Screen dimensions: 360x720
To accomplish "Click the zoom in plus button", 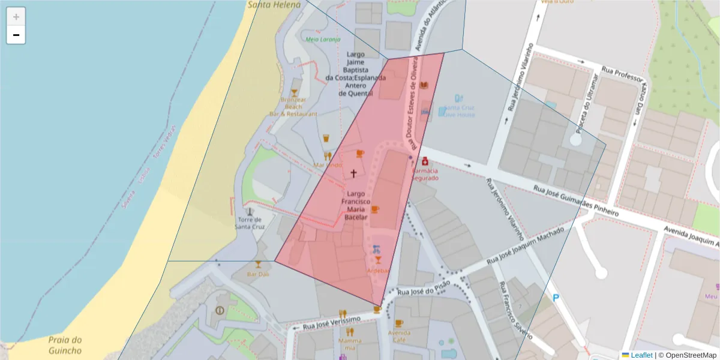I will point(16,17).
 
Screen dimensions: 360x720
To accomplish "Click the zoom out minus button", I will point(16,35).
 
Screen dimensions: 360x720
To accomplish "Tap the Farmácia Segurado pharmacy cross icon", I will point(425,161).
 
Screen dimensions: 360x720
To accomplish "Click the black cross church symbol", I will point(353,173).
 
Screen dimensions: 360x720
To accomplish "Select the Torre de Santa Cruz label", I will point(250,223).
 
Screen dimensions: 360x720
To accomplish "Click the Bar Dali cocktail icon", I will point(258,264).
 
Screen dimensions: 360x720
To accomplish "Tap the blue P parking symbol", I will point(556,298).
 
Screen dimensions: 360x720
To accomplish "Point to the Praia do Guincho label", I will point(65,345).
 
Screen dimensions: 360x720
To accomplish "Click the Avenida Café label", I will point(399,336).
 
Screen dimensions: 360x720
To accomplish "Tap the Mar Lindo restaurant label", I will point(328,165).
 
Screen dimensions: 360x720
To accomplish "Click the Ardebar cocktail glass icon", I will point(378,260).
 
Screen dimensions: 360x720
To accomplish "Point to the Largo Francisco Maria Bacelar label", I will point(355,206).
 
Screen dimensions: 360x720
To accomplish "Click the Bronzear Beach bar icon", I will point(294,92).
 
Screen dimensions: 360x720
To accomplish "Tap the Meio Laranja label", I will point(323,40).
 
